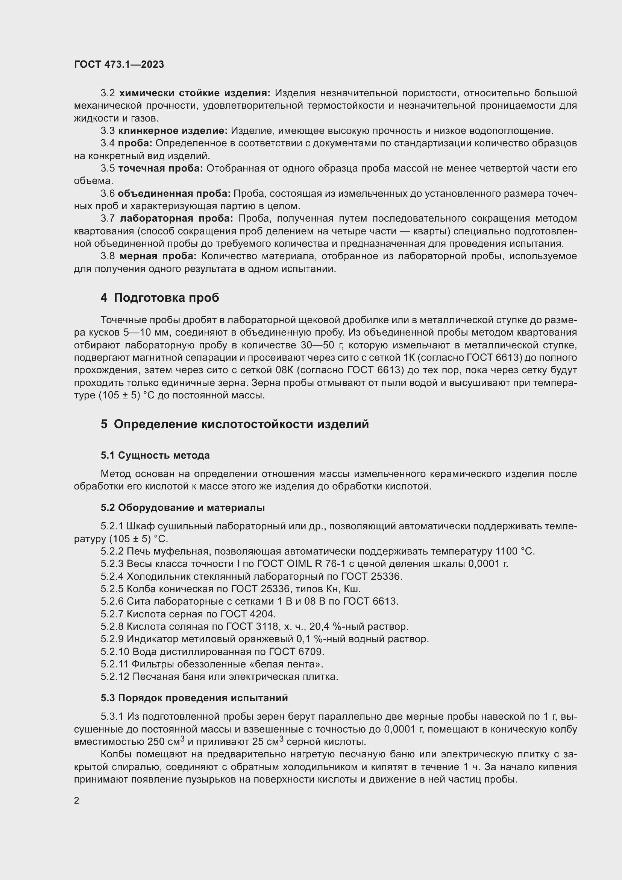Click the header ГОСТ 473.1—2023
point(119,64)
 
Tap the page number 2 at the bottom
point(77,801)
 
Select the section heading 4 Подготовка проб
point(160,298)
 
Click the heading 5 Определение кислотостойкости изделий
point(235,424)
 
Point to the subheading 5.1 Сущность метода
point(155,455)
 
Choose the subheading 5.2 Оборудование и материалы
point(183,508)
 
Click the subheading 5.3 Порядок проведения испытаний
point(194,698)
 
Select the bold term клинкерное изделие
point(172,131)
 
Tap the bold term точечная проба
point(161,168)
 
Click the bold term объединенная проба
point(174,193)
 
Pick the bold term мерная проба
point(158,256)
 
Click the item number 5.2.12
point(115,676)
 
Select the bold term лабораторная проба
point(176,219)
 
